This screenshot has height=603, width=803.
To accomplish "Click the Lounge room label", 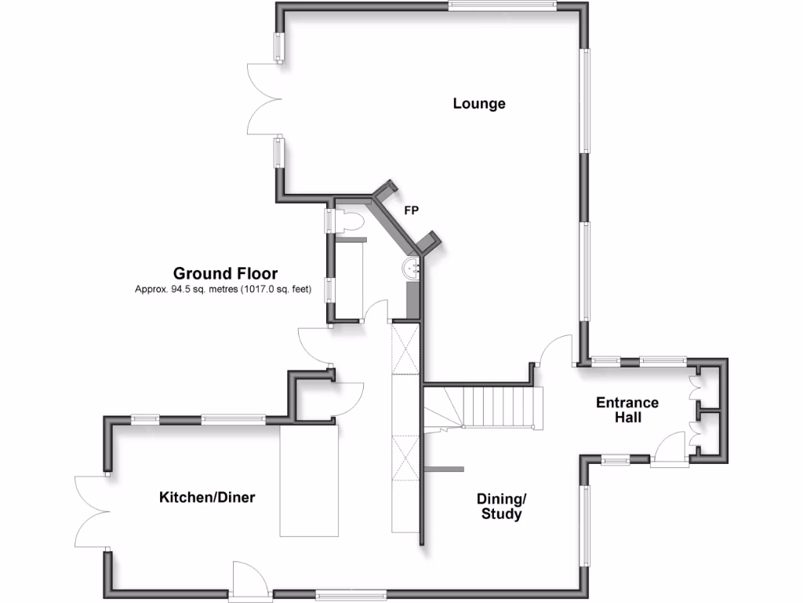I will click(478, 104).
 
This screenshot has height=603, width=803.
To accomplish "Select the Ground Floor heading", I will click(225, 274).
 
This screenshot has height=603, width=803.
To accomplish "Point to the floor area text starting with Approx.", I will click(223, 289).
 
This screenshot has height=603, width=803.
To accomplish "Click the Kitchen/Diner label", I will click(207, 497).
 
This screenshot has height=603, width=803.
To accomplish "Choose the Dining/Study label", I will click(500, 506).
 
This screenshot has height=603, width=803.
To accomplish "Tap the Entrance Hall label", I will click(627, 410).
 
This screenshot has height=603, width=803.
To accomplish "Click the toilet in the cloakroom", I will click(350, 222).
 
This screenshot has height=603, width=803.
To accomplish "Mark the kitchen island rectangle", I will click(309, 480).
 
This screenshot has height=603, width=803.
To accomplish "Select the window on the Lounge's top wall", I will click(502, 6).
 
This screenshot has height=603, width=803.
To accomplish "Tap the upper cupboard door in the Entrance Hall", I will click(692, 384).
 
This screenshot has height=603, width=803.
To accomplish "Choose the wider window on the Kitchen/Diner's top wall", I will click(233, 419).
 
